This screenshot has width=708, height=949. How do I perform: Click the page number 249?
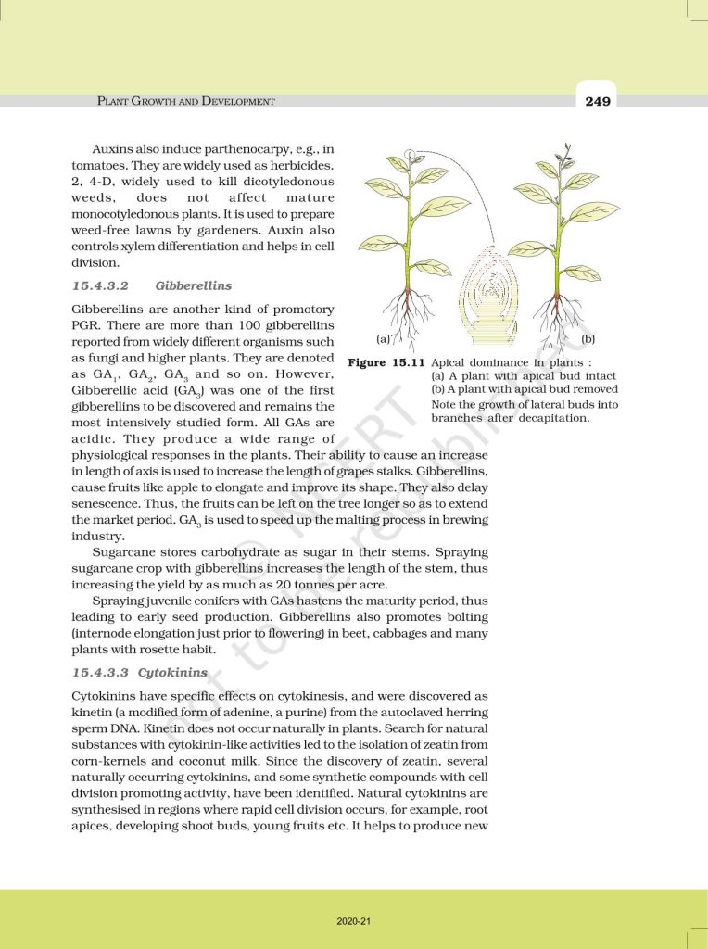point(598,101)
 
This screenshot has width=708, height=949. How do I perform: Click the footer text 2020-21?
point(354,922)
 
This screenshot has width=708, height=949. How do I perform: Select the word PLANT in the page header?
point(116,101)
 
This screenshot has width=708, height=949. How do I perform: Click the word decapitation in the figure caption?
point(550,418)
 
